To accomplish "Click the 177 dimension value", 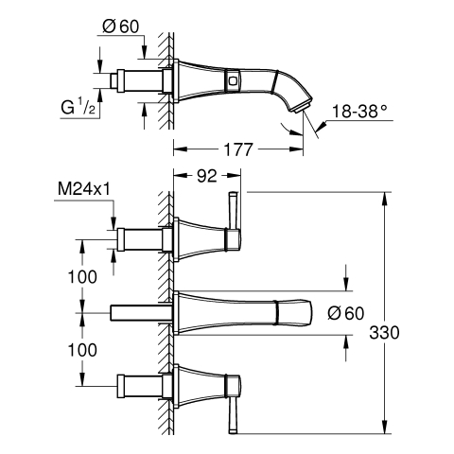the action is pyautogui.click(x=238, y=149).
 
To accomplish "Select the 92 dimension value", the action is pyautogui.click(x=207, y=176).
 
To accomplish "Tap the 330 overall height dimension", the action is pyautogui.click(x=384, y=332).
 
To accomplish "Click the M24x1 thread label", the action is pyautogui.click(x=84, y=189).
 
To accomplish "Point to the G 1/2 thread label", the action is pyautogui.click(x=78, y=107).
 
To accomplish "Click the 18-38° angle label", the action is pyautogui.click(x=359, y=111).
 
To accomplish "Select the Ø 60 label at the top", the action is pyautogui.click(x=121, y=26).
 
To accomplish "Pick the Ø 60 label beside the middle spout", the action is pyautogui.click(x=346, y=313).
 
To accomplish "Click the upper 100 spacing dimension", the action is pyautogui.click(x=82, y=277).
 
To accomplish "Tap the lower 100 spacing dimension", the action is pyautogui.click(x=82, y=350).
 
